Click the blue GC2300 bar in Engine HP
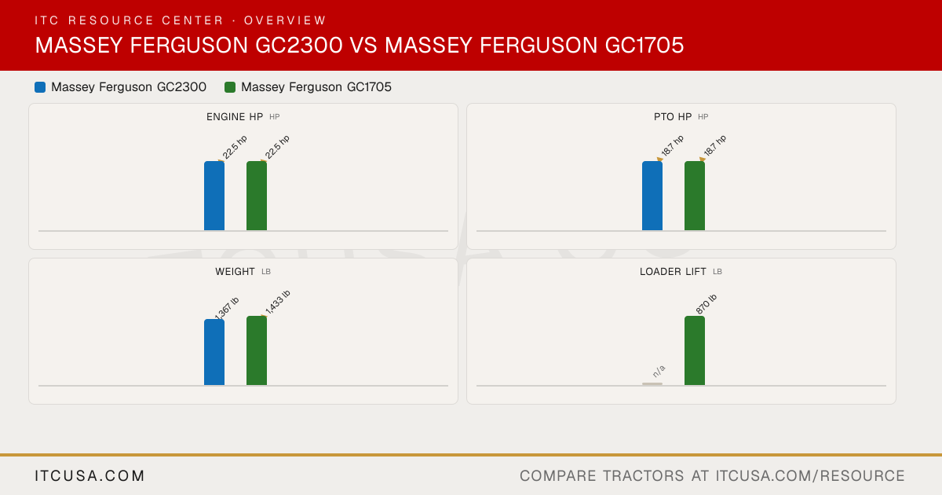click(214, 196)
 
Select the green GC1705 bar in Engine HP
click(257, 196)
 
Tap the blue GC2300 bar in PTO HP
click(652, 196)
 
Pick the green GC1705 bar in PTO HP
click(695, 196)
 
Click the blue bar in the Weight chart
click(214, 352)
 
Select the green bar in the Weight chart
click(257, 350)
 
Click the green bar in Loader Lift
click(695, 350)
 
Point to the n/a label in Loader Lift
click(659, 371)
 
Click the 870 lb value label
click(706, 304)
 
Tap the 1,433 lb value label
click(278, 302)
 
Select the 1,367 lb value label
click(227, 308)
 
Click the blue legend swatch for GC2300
click(40, 87)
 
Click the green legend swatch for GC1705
click(230, 87)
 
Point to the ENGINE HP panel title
click(235, 117)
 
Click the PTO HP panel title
click(673, 117)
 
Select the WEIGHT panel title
click(235, 272)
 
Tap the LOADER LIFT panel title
click(673, 272)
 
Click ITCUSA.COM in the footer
click(89, 475)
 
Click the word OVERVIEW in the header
click(285, 20)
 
